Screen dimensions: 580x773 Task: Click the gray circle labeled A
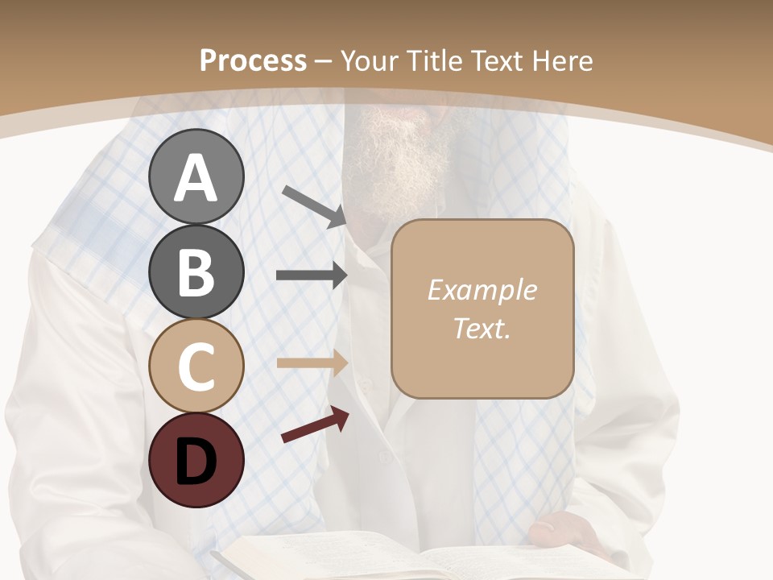196,176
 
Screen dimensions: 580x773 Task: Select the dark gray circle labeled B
196,271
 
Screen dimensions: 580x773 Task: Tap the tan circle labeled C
196,366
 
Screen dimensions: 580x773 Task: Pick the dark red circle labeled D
196,460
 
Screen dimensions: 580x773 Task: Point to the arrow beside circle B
312,275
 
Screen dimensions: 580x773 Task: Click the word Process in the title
253,61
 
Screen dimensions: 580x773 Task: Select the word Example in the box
482,291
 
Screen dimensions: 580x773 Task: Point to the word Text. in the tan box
482,329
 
